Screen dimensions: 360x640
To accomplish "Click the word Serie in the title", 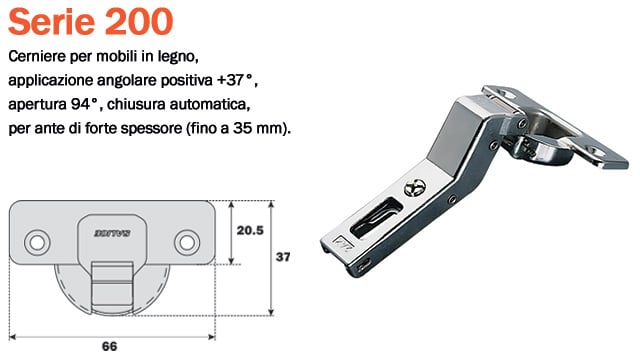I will point(50,20).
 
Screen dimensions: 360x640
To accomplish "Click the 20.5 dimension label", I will point(250,229).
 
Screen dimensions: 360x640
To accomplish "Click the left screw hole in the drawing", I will point(39,241).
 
